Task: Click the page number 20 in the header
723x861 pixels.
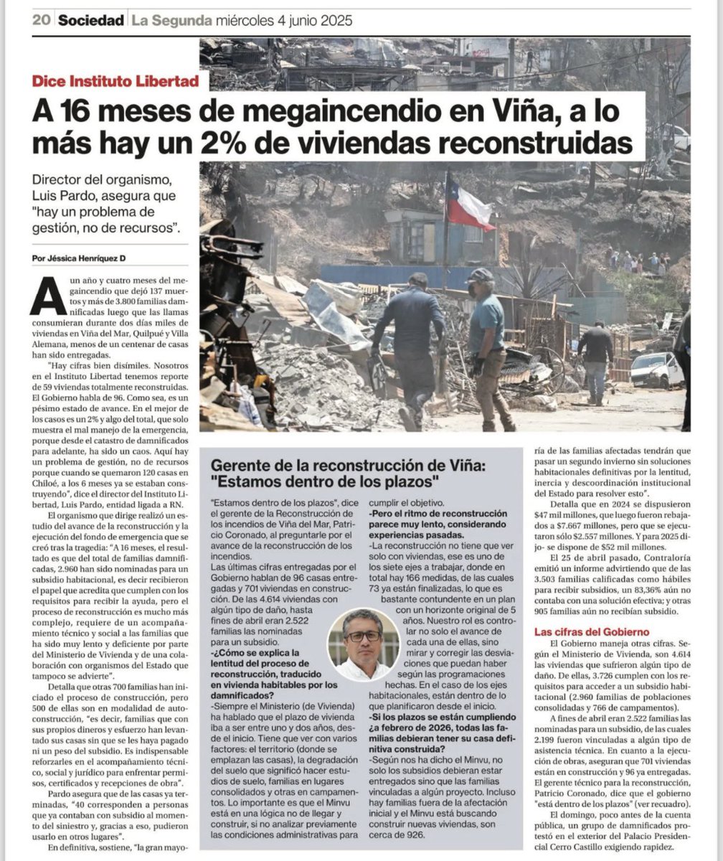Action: (40, 20)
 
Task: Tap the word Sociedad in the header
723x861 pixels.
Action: (91, 20)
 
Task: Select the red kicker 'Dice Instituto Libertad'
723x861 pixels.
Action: (115, 81)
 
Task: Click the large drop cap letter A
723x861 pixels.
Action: (43, 296)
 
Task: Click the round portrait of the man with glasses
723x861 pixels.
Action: (364, 644)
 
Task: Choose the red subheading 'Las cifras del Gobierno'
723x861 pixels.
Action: (592, 631)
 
